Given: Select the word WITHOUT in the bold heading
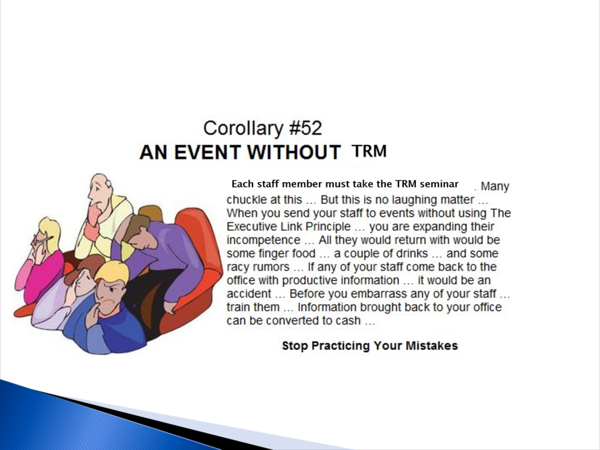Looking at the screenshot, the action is (294, 152).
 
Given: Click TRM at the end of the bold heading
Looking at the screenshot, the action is (369, 151).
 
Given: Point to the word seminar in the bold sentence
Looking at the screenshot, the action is (439, 184).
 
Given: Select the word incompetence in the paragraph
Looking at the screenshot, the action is (263, 241).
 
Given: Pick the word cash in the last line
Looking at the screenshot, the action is (348, 321).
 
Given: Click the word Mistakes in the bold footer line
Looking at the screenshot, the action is (432, 346).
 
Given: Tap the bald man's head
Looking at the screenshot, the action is (100, 187).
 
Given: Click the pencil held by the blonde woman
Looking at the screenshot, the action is (43, 240).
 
